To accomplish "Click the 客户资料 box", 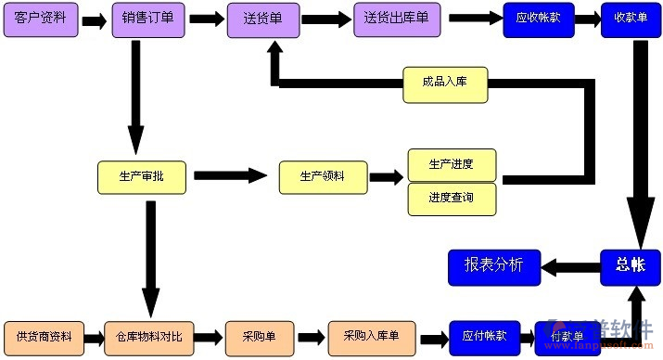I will [41, 20].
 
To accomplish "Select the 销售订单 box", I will [147, 20].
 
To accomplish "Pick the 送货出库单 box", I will [396, 20].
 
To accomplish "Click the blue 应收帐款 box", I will [539, 20].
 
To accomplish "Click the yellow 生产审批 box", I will [142, 177].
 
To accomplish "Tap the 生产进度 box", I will [452, 165].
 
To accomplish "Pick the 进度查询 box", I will [452, 199].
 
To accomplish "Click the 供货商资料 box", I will [44, 336].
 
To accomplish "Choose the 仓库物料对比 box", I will [149, 336].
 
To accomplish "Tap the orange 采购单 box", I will [261, 336].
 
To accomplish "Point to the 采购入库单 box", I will [371, 336].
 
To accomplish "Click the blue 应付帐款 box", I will [485, 336].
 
